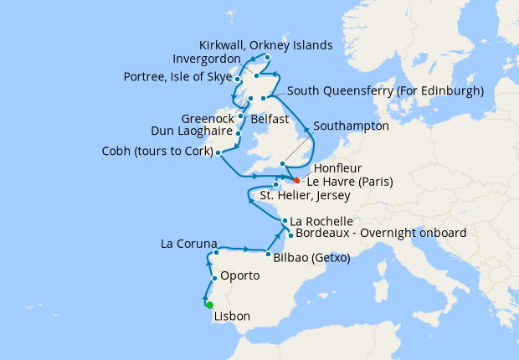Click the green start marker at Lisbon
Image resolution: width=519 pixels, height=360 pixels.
209,305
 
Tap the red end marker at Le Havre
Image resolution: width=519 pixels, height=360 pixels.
297,179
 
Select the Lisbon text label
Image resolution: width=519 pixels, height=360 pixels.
232,317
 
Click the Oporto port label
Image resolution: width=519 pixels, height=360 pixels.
239,275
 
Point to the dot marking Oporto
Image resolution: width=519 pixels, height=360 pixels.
215,278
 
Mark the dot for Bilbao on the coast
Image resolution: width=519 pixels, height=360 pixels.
267,254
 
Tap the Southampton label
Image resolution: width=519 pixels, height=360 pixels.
351,126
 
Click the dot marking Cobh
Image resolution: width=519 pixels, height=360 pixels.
218,152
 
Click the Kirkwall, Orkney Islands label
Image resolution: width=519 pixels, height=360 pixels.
266,44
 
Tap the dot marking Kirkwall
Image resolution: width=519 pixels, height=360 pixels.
267,58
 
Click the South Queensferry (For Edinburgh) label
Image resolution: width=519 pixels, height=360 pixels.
385,90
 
